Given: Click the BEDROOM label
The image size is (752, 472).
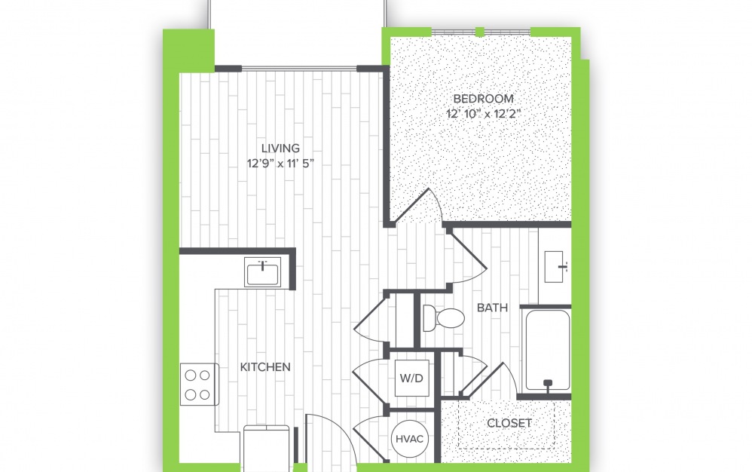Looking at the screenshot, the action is tap(483, 99).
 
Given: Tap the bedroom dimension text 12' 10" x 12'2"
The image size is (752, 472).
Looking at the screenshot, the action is tap(484, 114).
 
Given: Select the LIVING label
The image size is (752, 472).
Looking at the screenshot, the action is tap(280, 149).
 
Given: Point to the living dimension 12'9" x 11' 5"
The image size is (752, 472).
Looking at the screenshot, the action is tap(280, 164).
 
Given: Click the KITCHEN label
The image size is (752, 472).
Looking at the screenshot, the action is tap(265, 367).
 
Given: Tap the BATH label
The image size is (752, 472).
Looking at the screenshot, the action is tap(493, 308).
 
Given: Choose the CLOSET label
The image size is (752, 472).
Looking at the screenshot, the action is tap(509, 423).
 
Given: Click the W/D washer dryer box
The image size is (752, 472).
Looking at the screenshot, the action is tap(412, 378).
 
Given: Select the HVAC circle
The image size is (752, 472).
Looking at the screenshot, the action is tap(410, 439).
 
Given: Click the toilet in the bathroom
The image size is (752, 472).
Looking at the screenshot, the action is tap(444, 317).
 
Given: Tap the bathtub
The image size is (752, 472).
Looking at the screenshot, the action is tap(548, 350).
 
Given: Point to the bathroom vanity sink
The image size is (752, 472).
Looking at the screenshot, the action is tap(555, 267).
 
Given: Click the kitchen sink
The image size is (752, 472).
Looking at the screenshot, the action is tap(262, 272).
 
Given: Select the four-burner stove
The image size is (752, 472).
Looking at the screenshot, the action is tap(199, 385).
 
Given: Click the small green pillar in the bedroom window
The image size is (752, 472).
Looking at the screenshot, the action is tap(479, 32).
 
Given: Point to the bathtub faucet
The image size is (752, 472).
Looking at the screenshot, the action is tap(548, 384).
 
